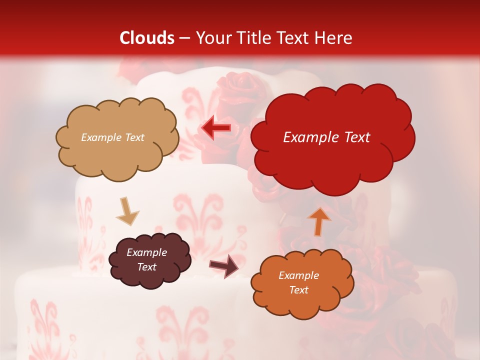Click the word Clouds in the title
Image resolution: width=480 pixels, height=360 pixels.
[147, 38]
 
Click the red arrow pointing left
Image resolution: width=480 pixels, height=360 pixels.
[216, 128]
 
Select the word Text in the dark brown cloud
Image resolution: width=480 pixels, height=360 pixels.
[147, 267]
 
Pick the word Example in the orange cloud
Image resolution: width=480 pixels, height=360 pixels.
[298, 275]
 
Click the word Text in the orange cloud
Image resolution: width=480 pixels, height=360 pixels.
[298, 290]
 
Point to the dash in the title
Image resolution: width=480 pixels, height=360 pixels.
[184, 38]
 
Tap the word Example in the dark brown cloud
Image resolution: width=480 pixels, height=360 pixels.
[147, 252]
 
